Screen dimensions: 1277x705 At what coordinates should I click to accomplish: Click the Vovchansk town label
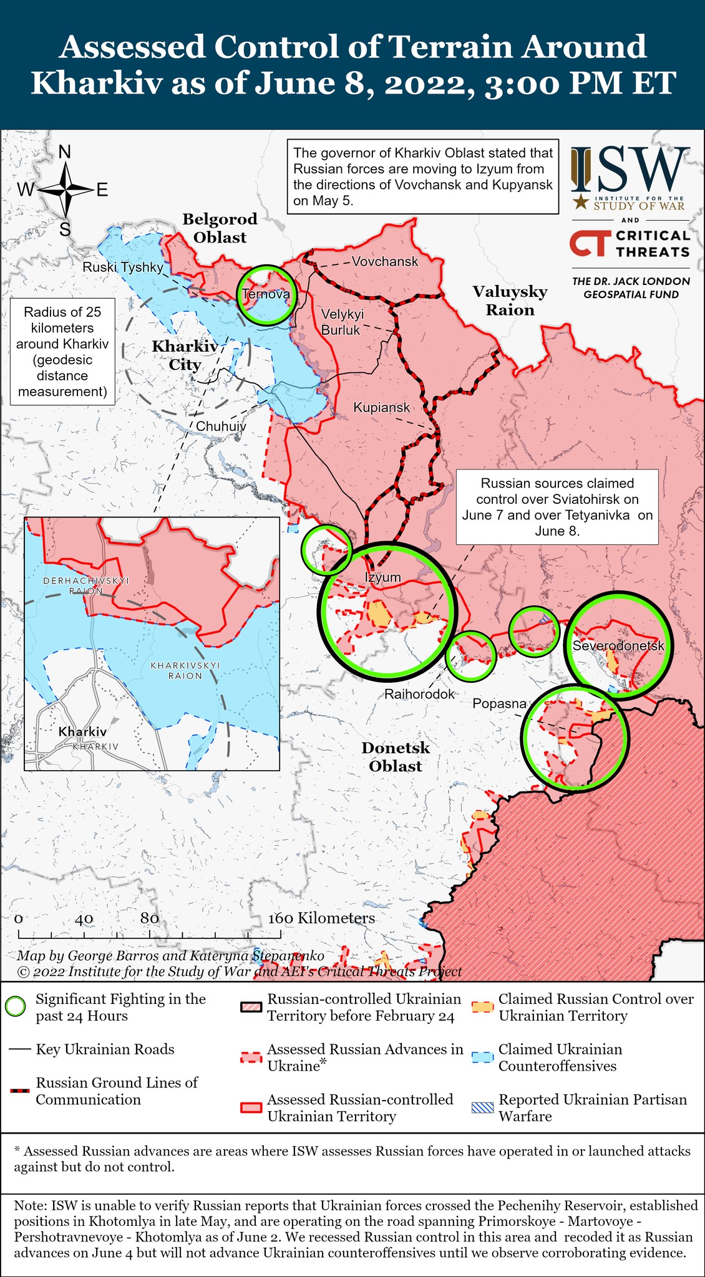tap(384, 261)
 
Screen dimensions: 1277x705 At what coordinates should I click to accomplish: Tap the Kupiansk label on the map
tap(381, 407)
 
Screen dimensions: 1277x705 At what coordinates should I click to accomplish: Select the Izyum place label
tap(382, 577)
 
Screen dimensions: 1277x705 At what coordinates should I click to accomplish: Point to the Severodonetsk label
tap(618, 645)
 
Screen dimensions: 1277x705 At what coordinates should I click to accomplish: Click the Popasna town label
tap(499, 703)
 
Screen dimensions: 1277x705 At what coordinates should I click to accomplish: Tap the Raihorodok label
tap(419, 693)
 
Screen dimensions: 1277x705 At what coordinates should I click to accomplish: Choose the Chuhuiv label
tap(221, 426)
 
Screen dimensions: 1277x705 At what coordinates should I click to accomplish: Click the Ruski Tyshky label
tap(123, 267)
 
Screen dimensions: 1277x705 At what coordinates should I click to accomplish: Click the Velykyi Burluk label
tap(342, 322)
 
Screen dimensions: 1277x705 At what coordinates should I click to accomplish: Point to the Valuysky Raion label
tap(509, 301)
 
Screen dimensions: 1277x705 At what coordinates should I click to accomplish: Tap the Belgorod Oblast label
tap(220, 228)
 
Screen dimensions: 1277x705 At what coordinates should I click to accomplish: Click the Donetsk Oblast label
tap(396, 756)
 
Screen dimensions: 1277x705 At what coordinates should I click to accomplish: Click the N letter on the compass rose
tap(64, 152)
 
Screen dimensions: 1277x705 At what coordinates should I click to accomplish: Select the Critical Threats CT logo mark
tap(587, 243)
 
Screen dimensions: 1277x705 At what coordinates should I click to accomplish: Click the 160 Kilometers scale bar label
tap(321, 918)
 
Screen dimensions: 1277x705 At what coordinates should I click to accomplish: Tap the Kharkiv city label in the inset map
tap(82, 731)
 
